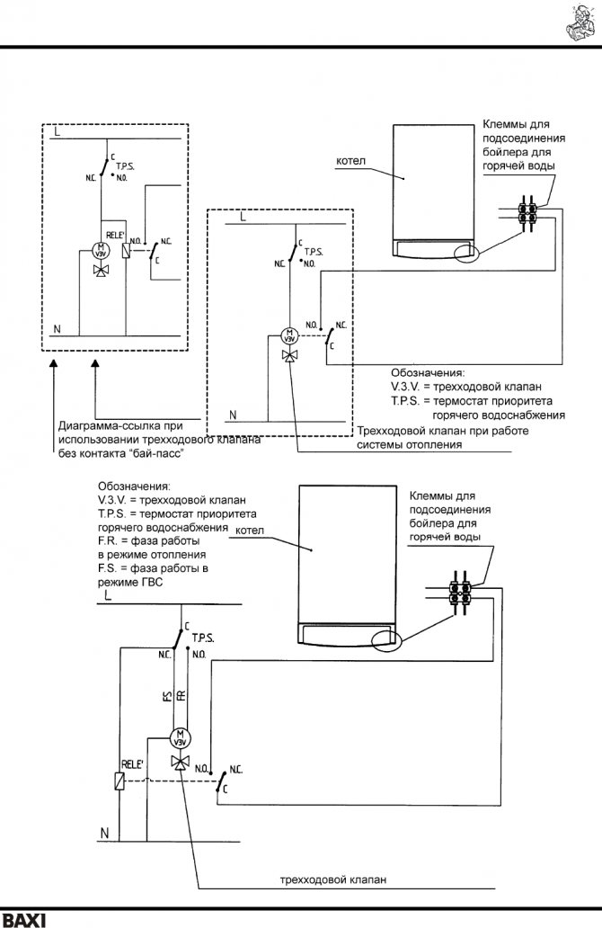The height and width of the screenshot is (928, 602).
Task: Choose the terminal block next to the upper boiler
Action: point(527,216)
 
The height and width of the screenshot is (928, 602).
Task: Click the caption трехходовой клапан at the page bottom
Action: point(332,880)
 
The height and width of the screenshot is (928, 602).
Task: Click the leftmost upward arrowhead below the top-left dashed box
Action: point(56,361)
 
